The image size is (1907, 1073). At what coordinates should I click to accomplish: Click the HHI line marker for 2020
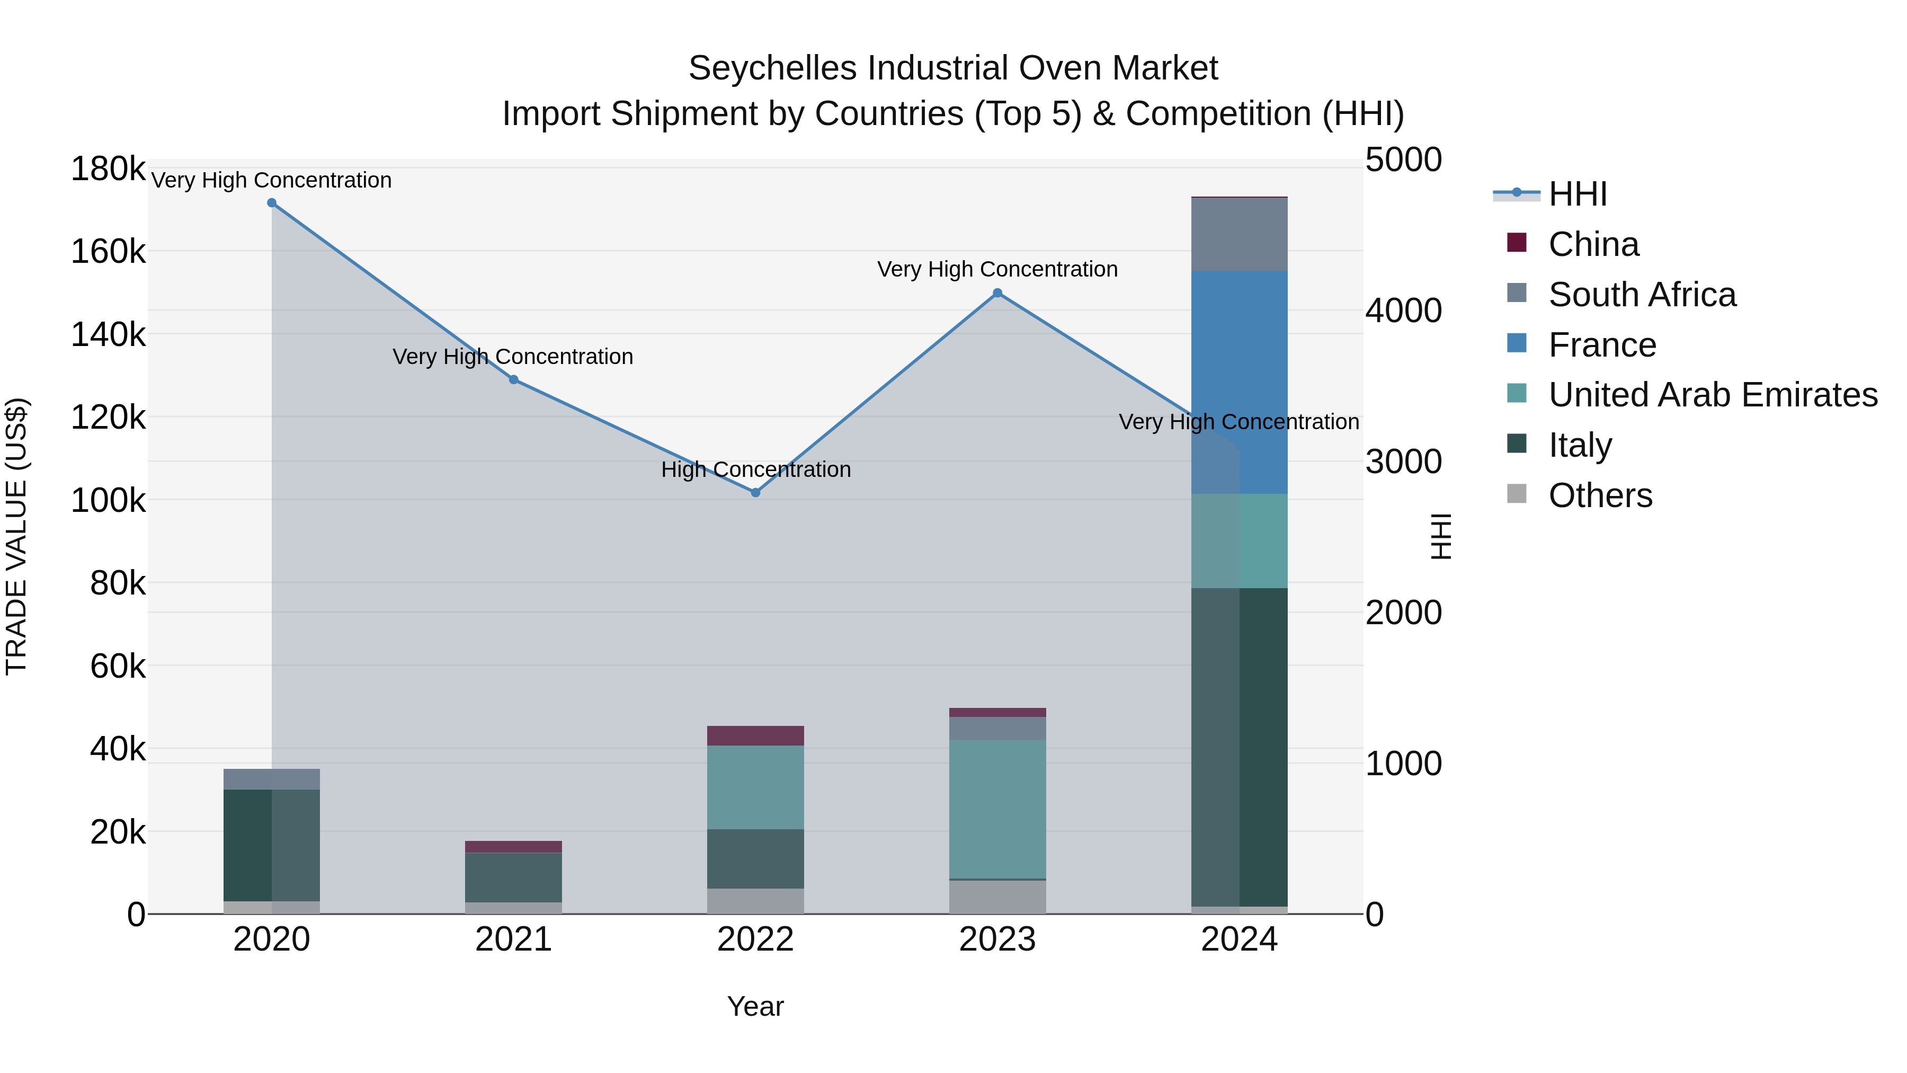click(272, 203)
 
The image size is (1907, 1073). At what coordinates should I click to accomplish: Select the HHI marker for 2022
click(755, 492)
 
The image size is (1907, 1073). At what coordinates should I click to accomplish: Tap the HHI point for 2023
click(997, 293)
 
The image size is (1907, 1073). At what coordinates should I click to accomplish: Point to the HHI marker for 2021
click(514, 380)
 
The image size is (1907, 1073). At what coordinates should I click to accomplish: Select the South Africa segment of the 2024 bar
click(1239, 234)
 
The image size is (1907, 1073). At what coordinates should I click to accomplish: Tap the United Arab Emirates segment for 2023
click(997, 809)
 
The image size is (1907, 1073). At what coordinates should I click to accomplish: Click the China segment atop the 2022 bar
click(755, 735)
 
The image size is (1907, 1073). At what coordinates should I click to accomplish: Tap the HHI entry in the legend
click(1577, 194)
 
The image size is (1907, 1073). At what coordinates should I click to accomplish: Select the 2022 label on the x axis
click(755, 939)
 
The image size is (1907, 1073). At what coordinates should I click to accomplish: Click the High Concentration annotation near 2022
click(755, 469)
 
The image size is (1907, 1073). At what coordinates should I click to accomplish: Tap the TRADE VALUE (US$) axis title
click(16, 536)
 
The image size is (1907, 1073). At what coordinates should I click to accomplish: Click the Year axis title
click(755, 1006)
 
